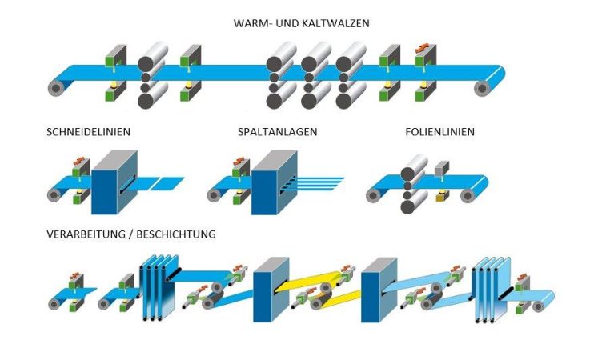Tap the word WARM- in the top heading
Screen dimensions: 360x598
(248, 23)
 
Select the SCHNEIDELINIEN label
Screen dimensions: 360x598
(89, 130)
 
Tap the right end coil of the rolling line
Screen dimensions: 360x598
(483, 86)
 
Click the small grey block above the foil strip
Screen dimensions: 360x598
(442, 168)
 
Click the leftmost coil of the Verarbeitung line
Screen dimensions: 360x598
(54, 303)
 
